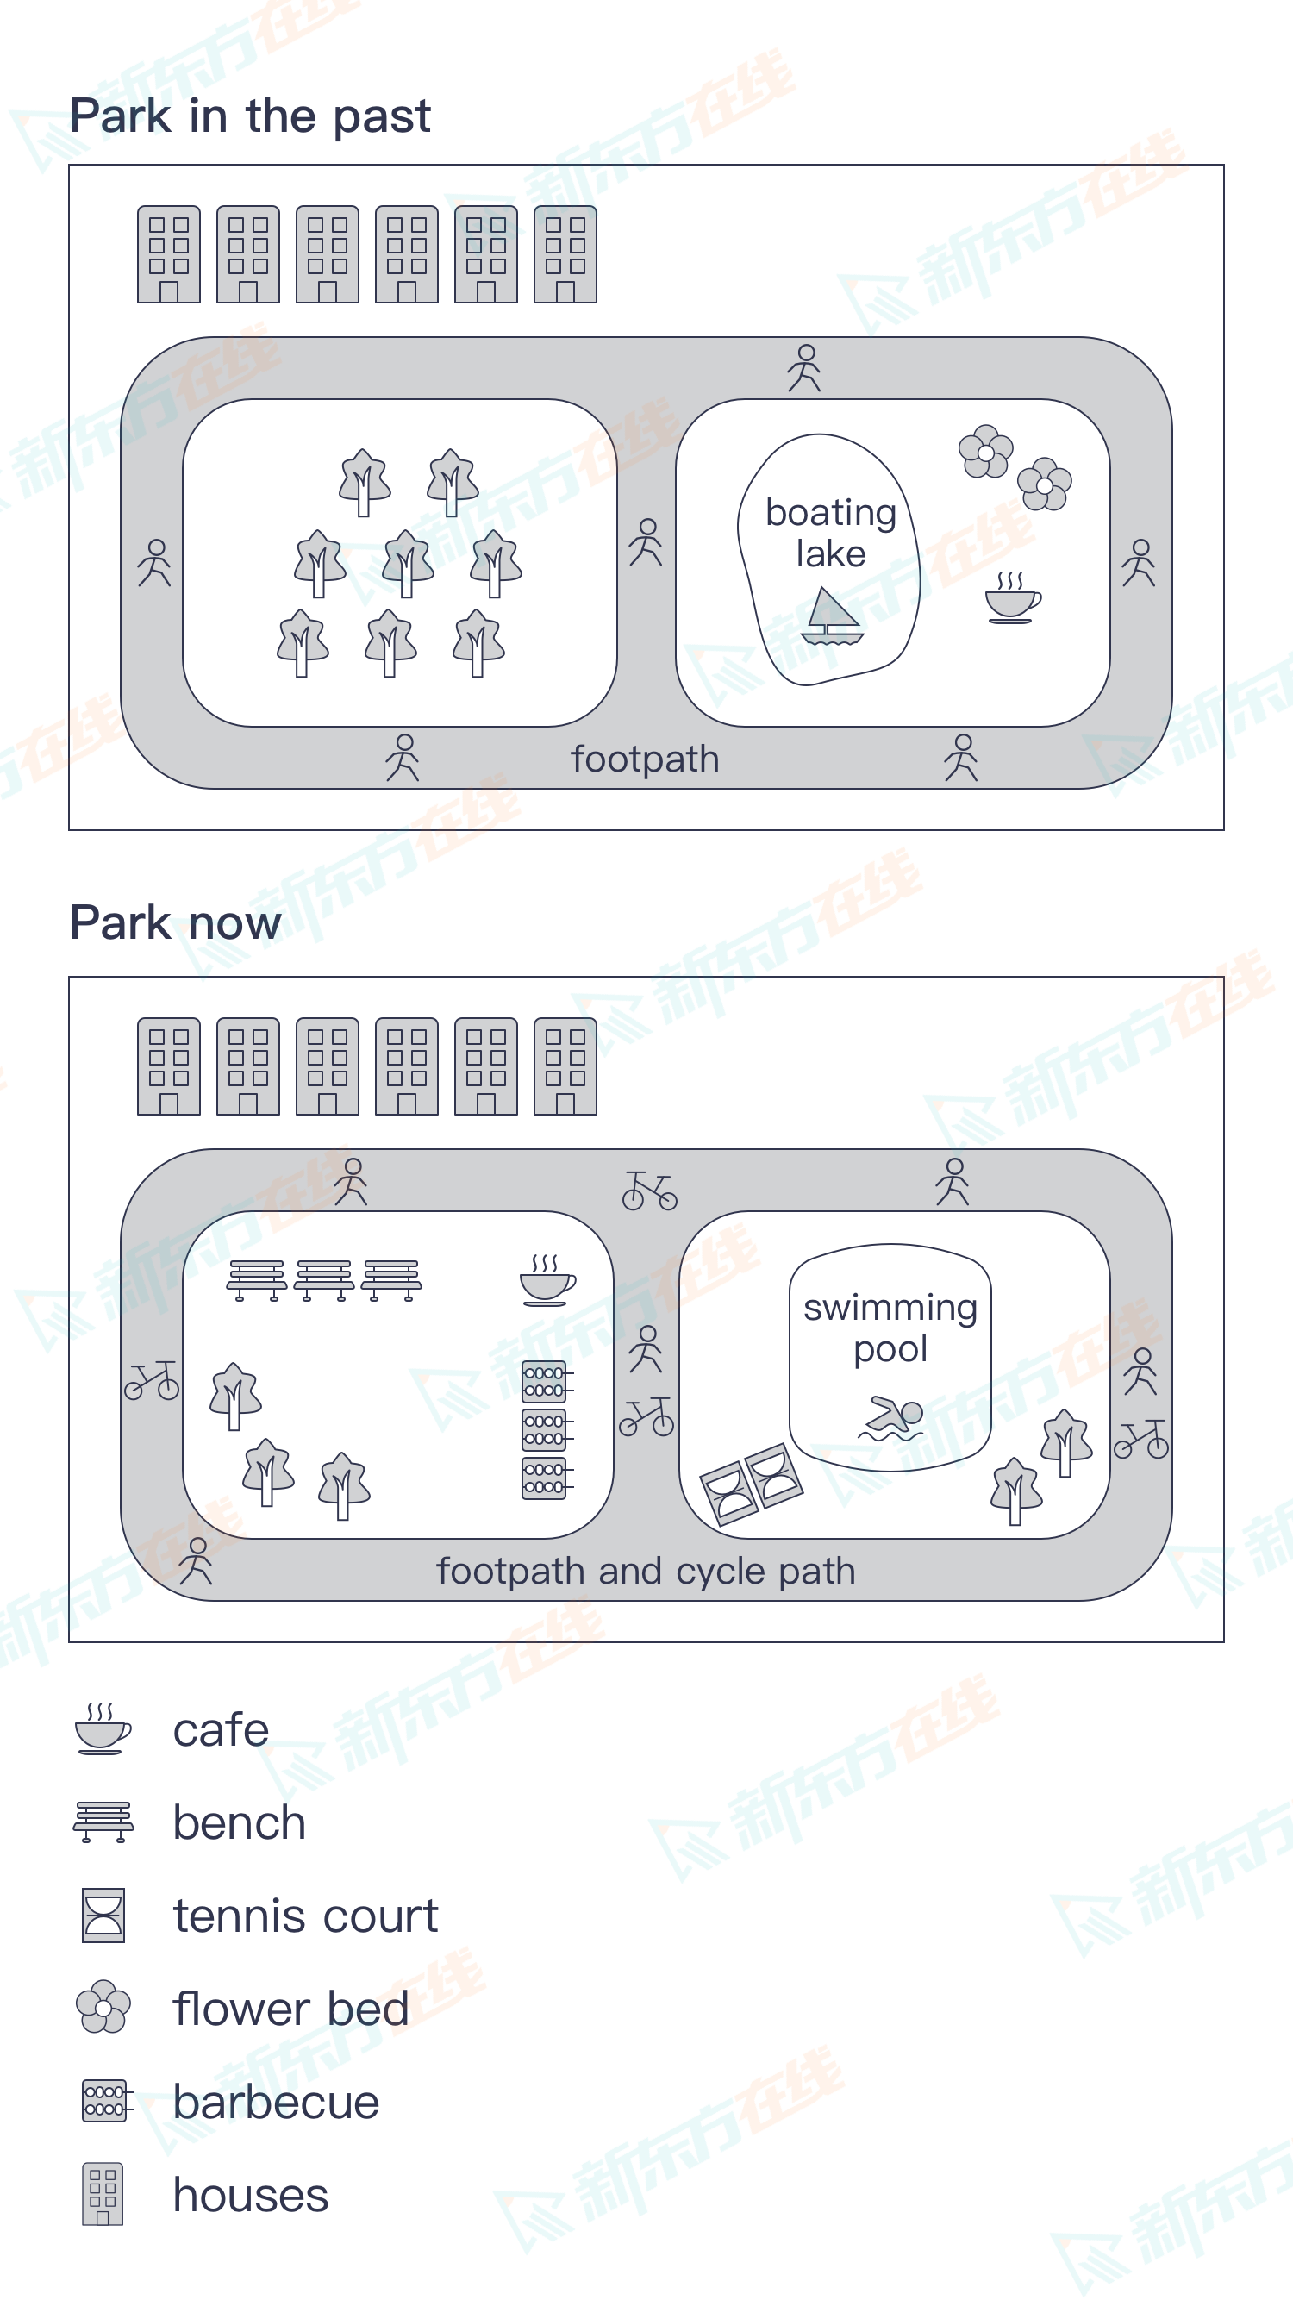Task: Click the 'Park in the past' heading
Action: (x=250, y=117)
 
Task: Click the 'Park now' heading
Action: (x=176, y=922)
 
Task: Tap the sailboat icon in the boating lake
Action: (x=832, y=616)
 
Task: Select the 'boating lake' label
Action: (x=830, y=533)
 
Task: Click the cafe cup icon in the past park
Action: (x=1013, y=597)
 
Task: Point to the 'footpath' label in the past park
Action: (x=645, y=759)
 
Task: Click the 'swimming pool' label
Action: (x=890, y=1328)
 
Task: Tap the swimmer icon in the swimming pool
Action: (x=891, y=1417)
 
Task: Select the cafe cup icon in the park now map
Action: (x=547, y=1280)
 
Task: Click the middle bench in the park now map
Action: (x=324, y=1280)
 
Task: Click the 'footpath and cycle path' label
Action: (x=646, y=1572)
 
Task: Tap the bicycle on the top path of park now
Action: (x=650, y=1191)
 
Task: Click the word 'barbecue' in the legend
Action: (x=276, y=2102)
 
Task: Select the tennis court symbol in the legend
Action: (x=103, y=1916)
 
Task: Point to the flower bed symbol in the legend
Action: (x=103, y=2007)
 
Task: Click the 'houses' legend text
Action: (x=251, y=2195)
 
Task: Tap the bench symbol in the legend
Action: (x=103, y=1822)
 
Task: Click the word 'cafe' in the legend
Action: (x=221, y=1729)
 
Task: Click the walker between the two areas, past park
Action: (x=646, y=542)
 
